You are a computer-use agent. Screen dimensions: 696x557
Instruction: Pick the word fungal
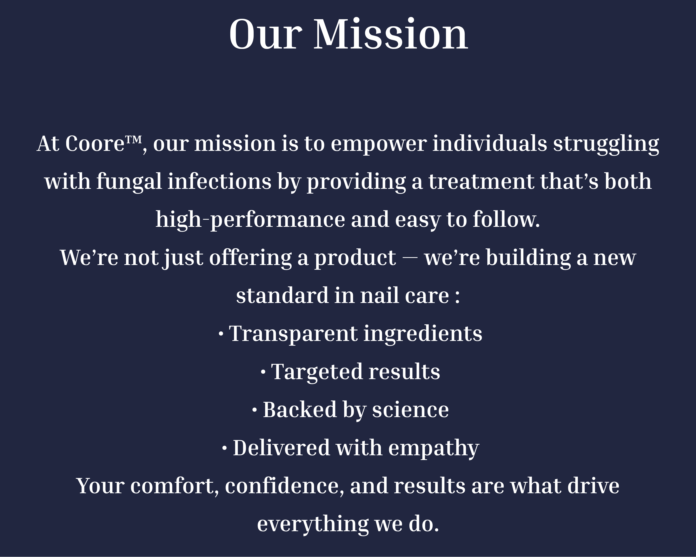[129, 182]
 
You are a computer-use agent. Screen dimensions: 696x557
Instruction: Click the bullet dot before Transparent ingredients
[221, 334]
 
